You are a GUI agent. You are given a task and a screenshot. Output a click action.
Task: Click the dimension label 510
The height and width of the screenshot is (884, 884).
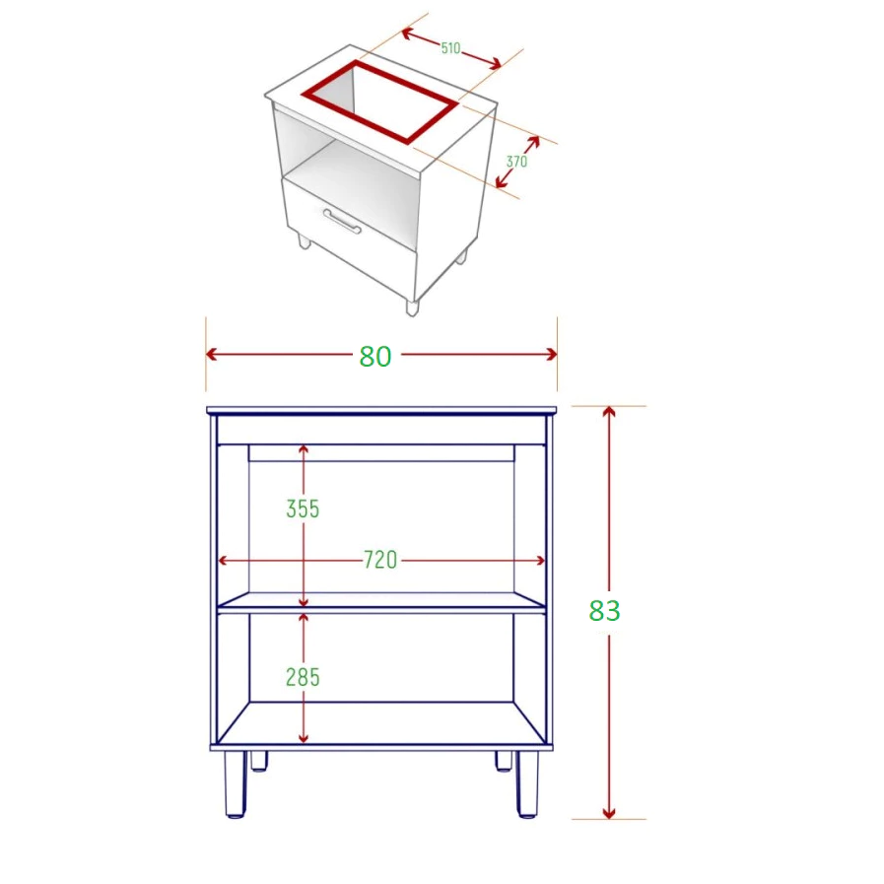pyautogui.click(x=450, y=48)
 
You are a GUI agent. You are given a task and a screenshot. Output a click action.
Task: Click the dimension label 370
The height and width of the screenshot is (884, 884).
pyautogui.click(x=516, y=162)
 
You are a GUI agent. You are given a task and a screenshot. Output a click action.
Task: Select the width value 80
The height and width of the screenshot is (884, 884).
pyautogui.click(x=375, y=357)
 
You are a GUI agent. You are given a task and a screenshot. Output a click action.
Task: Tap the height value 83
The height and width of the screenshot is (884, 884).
pyautogui.click(x=604, y=610)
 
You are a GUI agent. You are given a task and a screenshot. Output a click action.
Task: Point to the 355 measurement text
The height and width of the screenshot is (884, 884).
pyautogui.click(x=303, y=510)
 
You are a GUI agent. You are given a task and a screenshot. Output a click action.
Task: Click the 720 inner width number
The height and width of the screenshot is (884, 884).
pyautogui.click(x=380, y=560)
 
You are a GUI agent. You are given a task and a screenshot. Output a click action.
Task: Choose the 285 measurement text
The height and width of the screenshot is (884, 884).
pyautogui.click(x=303, y=677)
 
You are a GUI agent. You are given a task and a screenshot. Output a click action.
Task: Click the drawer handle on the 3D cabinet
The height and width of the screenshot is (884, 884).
pyautogui.click(x=342, y=221)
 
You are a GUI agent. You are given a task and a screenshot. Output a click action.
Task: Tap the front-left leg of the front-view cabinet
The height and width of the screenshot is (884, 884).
pyautogui.click(x=236, y=783)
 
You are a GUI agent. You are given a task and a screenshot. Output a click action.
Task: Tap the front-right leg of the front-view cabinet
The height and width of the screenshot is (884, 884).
pyautogui.click(x=527, y=783)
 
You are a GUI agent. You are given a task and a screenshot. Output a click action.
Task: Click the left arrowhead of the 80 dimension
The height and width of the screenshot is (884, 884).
pyautogui.click(x=212, y=354)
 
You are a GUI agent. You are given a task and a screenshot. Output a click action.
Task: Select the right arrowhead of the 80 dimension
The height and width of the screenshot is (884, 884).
pyautogui.click(x=551, y=354)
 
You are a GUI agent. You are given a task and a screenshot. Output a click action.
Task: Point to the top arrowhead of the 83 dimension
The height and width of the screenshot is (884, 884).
pyautogui.click(x=608, y=412)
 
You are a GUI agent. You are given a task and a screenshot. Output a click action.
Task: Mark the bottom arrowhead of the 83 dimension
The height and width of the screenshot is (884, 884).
pyautogui.click(x=608, y=813)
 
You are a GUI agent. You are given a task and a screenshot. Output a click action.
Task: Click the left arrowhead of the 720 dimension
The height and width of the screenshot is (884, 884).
pyautogui.click(x=223, y=561)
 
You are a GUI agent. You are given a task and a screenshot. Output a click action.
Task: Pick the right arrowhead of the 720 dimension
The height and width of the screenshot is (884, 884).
pyautogui.click(x=540, y=561)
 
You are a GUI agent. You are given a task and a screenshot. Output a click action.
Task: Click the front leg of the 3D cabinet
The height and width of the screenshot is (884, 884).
pyautogui.click(x=412, y=307)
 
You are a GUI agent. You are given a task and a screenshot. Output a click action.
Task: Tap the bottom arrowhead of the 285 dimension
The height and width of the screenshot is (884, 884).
pyautogui.click(x=304, y=738)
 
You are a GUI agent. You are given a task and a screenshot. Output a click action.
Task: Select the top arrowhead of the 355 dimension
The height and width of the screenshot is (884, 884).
pyautogui.click(x=304, y=450)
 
